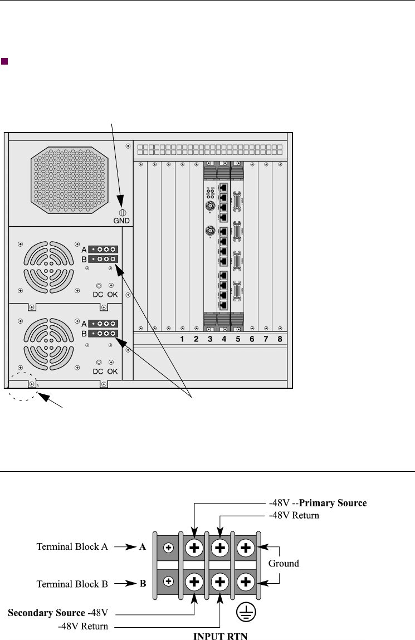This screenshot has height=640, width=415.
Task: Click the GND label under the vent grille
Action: point(121,221)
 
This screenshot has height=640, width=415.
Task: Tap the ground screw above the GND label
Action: point(121,212)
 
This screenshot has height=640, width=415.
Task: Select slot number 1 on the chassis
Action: point(182,339)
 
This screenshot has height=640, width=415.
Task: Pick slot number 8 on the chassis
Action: point(280,339)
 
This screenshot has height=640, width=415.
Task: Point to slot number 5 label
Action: point(237,339)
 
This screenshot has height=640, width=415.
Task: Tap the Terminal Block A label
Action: point(72,547)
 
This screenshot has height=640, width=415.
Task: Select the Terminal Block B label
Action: point(72,584)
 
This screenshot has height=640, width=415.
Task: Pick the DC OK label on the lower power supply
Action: point(105,371)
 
